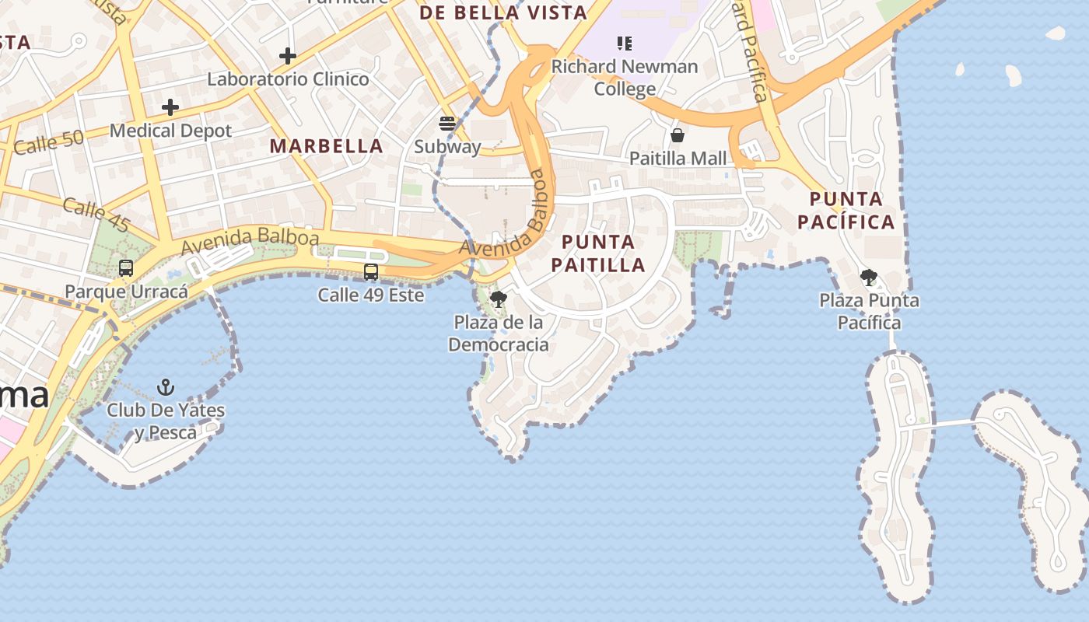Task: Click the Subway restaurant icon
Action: coord(447,123)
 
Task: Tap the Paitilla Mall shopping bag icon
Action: coord(678,135)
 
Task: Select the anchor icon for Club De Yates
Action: coord(165,386)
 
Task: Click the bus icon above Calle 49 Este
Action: coord(371,272)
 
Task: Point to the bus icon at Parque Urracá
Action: coord(126,268)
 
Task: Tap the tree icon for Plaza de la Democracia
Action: coord(499,299)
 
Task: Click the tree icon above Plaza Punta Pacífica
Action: coord(869,277)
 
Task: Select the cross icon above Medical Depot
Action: coord(170,107)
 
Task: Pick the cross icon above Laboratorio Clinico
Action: coord(288,56)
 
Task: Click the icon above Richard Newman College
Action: coord(625,44)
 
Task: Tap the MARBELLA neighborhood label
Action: coord(327,146)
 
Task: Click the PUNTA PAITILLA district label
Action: coord(598,253)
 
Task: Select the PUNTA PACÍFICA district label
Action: coord(846,210)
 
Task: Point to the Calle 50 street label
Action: coord(48,142)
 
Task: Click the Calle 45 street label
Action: coord(96,215)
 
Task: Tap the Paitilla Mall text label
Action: coord(678,159)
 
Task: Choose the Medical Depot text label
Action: coord(170,131)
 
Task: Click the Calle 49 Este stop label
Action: coord(371,295)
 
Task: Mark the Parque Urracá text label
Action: coord(126,292)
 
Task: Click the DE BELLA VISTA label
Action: coord(502,13)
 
